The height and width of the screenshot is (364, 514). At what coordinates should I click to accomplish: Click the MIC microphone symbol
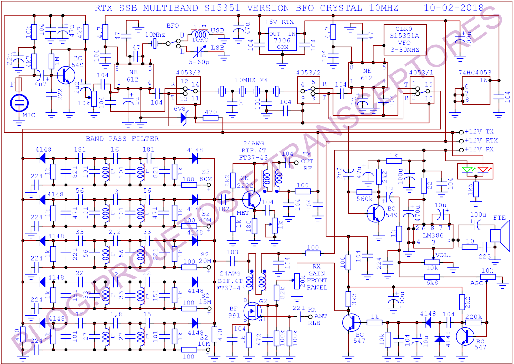(19, 103)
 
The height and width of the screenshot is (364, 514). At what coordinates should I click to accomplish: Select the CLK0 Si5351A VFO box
(405, 39)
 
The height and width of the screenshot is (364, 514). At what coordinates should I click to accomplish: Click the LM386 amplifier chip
(433, 236)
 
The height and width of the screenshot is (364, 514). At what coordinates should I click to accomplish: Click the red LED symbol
(483, 169)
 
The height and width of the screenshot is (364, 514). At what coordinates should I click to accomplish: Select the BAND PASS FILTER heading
(122, 139)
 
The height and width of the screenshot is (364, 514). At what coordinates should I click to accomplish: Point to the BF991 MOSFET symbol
(253, 311)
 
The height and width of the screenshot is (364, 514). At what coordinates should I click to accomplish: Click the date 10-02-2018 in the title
(453, 8)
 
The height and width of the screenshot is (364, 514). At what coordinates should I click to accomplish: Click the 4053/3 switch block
(188, 91)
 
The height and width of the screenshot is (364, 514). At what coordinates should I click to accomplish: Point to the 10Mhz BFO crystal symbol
(155, 43)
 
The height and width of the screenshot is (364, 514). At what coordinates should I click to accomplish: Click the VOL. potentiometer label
(443, 256)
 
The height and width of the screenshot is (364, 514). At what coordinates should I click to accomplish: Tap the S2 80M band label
(206, 176)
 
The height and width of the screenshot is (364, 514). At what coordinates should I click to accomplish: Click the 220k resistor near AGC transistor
(473, 322)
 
